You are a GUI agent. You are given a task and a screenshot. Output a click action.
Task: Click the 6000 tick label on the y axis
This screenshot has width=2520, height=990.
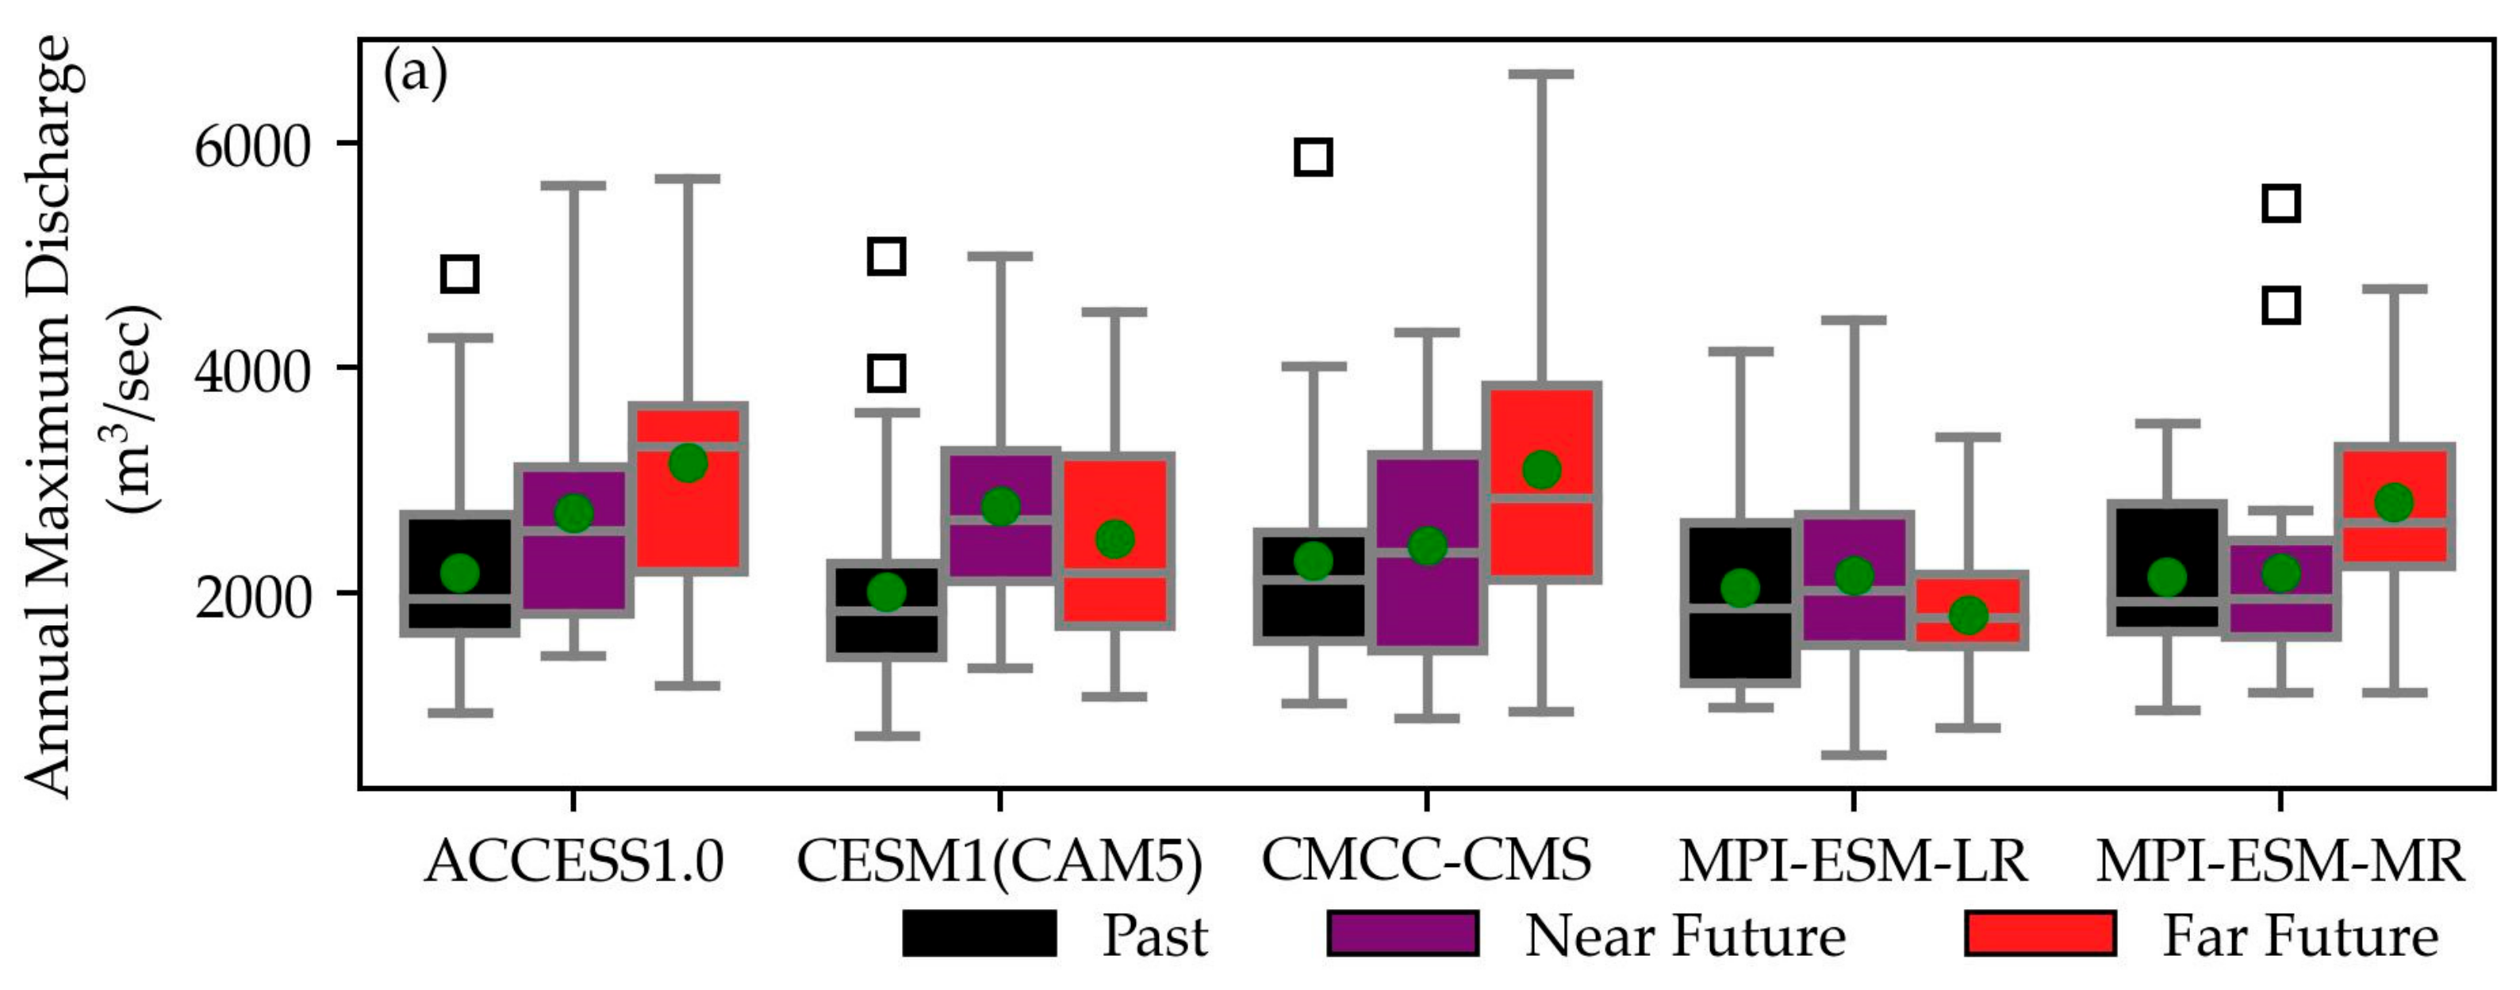[252, 148]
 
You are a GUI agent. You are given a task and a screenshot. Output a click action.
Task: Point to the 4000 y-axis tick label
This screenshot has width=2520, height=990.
[252, 372]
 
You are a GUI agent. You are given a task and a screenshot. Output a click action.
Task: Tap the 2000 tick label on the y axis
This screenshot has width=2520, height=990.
[252, 597]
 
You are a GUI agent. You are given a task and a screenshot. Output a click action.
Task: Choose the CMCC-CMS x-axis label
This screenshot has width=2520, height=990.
[1425, 861]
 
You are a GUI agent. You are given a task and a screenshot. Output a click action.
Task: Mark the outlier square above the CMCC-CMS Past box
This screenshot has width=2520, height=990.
[1313, 156]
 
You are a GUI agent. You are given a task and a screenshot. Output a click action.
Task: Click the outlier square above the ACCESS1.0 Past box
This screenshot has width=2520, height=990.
[460, 274]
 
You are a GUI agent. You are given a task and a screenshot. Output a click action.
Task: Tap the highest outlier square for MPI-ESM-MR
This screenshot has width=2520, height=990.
[2281, 204]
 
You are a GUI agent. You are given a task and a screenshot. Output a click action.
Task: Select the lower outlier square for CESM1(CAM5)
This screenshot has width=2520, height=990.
[886, 373]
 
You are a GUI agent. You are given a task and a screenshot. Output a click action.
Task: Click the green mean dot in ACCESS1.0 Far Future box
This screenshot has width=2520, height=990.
[688, 462]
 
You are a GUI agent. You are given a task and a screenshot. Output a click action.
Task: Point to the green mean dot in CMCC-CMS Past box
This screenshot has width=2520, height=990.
[1313, 561]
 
